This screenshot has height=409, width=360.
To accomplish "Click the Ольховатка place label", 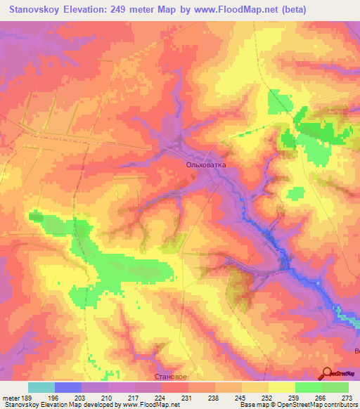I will [x=207, y=165].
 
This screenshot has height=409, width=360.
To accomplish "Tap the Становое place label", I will [x=171, y=377].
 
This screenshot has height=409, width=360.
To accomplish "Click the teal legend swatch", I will [x=41, y=387].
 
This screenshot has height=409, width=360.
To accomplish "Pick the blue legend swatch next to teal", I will [x=68, y=387].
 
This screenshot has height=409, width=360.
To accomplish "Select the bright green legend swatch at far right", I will [x=335, y=387].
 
